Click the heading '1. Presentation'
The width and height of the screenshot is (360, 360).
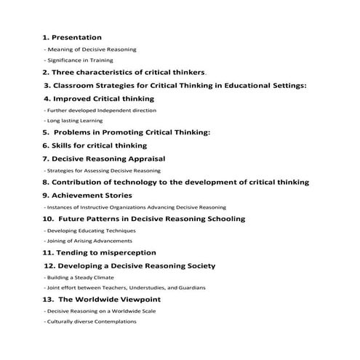pyautogui.click(x=72, y=37)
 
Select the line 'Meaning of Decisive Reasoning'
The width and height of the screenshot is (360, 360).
pyautogui.click(x=91, y=49)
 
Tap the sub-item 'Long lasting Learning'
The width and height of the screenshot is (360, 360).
pyautogui.click(x=74, y=121)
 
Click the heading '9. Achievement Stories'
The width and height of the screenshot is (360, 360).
pyautogui.click(x=87, y=195)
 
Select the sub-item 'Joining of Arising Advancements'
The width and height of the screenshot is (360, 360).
pyautogui.click(x=89, y=241)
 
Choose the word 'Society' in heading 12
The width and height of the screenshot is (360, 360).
pyautogui.click(x=199, y=265)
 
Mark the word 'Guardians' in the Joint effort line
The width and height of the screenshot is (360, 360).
pyautogui.click(x=190, y=288)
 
